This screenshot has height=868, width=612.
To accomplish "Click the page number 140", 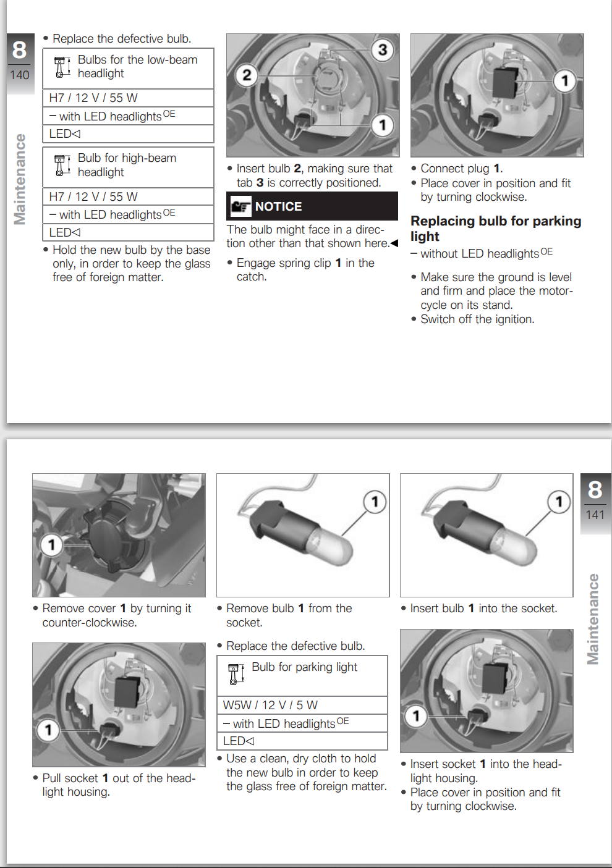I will coord(20,75).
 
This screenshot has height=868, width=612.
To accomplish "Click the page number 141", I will coord(595,515).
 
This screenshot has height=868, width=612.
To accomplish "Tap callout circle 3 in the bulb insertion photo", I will coord(383,49).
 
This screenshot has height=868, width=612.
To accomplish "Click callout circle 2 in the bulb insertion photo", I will coord(247,75).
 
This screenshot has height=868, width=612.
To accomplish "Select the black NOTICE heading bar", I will coord(312,206).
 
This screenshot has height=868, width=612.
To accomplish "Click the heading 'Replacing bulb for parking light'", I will coord(495,229).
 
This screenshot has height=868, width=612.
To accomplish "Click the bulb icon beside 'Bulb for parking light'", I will coord(234,673).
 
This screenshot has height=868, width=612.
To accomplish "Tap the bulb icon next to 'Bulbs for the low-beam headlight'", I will coord(60,67).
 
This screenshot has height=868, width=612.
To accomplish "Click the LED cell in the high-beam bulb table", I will coord(128,232).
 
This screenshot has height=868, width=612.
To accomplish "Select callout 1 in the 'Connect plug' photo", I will coord(564,80).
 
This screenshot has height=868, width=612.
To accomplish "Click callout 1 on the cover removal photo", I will coord(51,544).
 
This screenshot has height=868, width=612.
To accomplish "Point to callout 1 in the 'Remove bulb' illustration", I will coord(375,502).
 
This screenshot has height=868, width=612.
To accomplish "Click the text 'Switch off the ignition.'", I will coord(477,319).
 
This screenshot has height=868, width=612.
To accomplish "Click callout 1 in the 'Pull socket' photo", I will coord(48,730).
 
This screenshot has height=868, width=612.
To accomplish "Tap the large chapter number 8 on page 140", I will coord(20,50).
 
